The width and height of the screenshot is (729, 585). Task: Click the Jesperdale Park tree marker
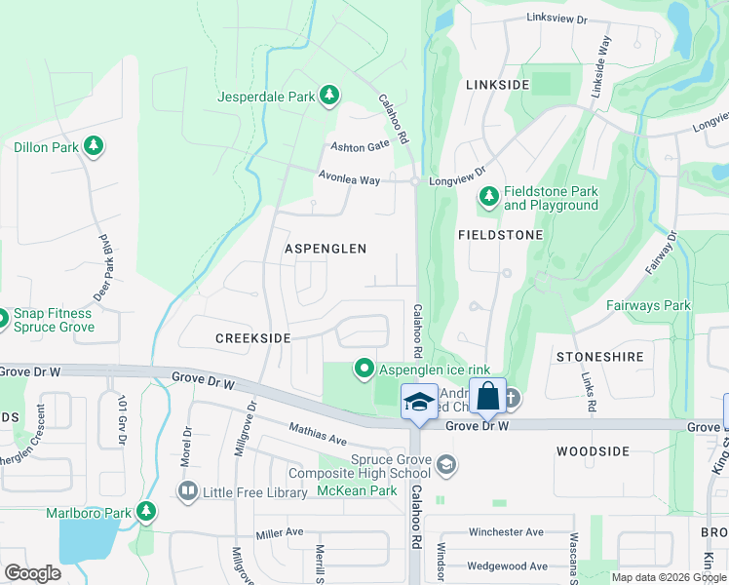[x=330, y=95]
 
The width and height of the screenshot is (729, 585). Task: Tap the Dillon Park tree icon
[x=94, y=146]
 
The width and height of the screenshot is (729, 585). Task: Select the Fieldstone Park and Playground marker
[x=489, y=198]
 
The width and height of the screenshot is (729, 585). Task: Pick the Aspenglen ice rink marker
[x=364, y=368]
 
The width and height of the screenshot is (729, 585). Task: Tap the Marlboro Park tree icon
[x=146, y=511]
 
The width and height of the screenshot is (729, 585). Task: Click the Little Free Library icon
[x=186, y=491]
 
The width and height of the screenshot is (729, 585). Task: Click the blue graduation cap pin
[x=419, y=401]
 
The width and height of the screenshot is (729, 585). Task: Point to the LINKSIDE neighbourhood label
[x=497, y=85]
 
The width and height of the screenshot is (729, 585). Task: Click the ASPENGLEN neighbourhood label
[x=326, y=249]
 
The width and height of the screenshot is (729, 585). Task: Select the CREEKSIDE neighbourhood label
[x=253, y=337]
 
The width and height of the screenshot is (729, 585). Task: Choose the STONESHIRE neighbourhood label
[x=599, y=357]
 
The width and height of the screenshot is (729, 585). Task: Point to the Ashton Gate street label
[x=360, y=144]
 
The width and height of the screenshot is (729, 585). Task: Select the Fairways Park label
[x=648, y=305]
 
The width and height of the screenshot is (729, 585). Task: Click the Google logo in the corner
[x=32, y=573]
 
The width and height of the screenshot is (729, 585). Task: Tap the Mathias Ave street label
[x=317, y=434]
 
